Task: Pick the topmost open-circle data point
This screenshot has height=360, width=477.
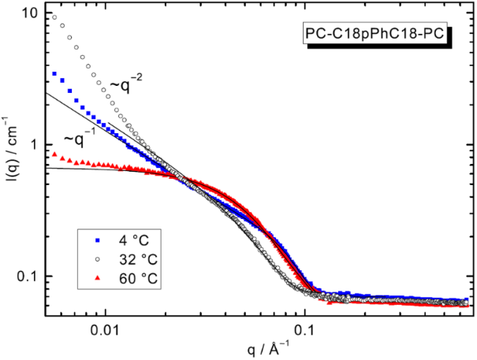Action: point(54,16)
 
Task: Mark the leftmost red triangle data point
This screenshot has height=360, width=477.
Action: point(54,154)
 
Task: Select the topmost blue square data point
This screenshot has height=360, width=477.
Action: point(54,73)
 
